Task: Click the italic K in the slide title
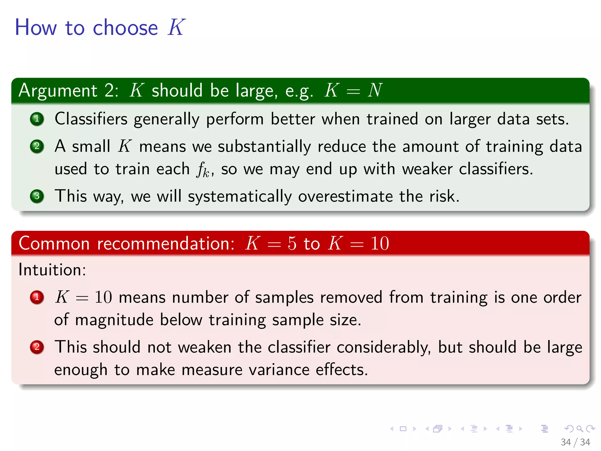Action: tap(176, 27)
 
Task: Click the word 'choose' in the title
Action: tap(125, 28)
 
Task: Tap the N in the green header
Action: tap(375, 90)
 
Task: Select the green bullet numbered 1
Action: tap(37, 119)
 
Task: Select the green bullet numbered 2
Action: tap(37, 146)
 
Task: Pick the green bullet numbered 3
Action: tap(37, 196)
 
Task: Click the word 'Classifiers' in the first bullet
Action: tap(91, 119)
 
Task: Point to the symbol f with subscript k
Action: tap(202, 170)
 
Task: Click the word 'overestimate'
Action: tap(345, 196)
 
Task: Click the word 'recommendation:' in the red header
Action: tap(166, 243)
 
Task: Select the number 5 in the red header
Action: tap(292, 243)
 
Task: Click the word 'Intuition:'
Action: tap(52, 270)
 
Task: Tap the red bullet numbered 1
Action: tap(37, 297)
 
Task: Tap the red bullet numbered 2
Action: tap(37, 347)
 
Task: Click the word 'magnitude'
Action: tap(114, 320)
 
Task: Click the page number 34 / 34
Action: tap(575, 442)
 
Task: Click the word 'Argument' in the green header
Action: tap(58, 90)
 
